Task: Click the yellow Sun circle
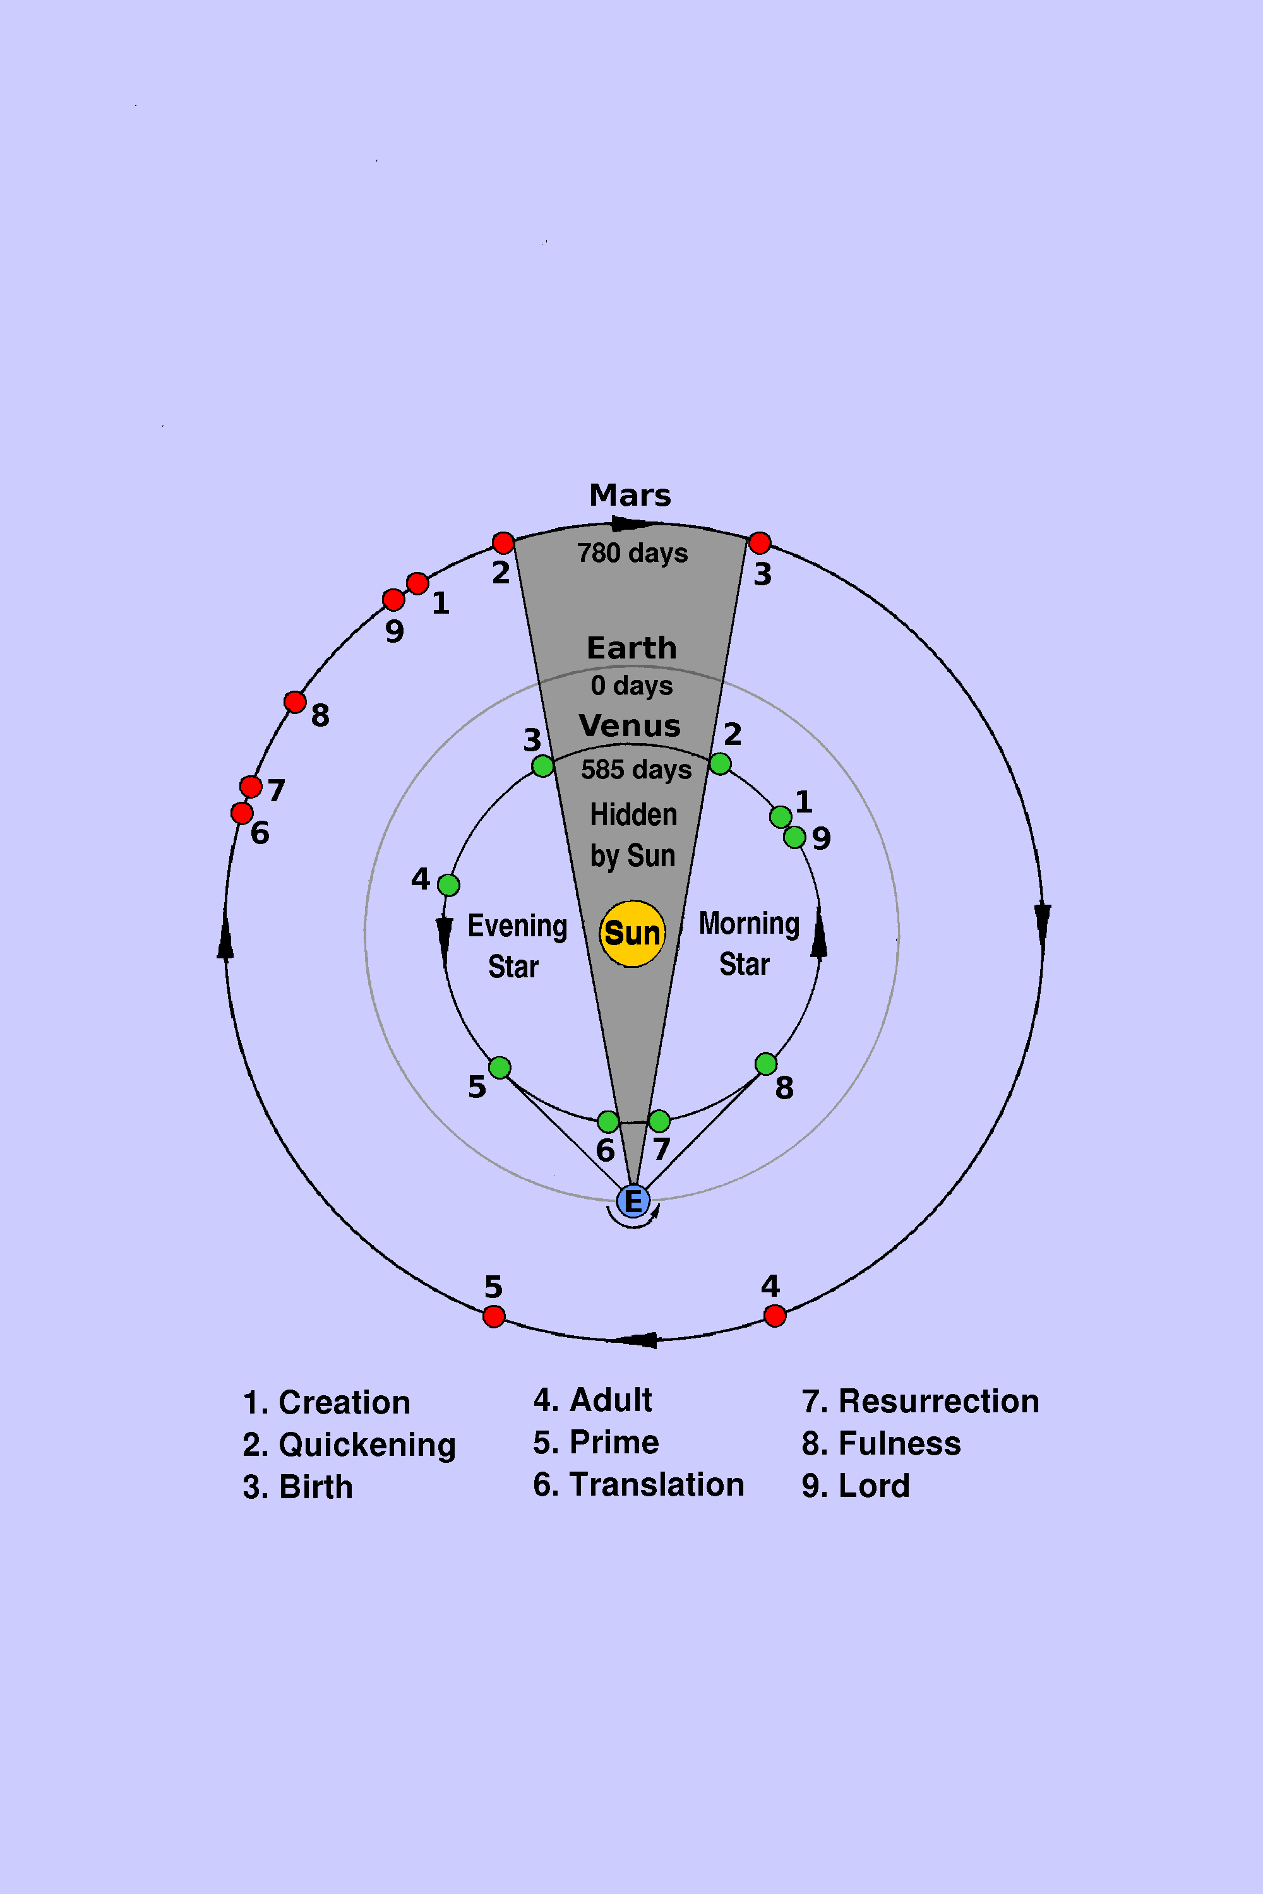click(632, 933)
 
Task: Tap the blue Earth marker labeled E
click(633, 1201)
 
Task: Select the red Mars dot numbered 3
click(760, 543)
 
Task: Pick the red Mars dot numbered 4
click(775, 1316)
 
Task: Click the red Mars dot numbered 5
click(494, 1316)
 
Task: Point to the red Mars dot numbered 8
click(295, 702)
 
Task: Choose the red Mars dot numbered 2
click(503, 543)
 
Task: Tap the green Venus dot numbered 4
click(448, 885)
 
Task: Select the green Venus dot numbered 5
click(500, 1068)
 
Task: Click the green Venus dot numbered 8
click(766, 1064)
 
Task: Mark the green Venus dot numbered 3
click(543, 766)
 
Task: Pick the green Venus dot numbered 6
click(608, 1121)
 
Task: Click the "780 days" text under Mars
click(632, 552)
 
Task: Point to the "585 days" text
click(637, 769)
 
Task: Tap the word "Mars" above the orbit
click(630, 495)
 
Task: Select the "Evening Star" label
click(517, 946)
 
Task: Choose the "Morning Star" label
click(749, 944)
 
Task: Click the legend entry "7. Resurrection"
click(920, 1401)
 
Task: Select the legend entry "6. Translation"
click(638, 1484)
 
